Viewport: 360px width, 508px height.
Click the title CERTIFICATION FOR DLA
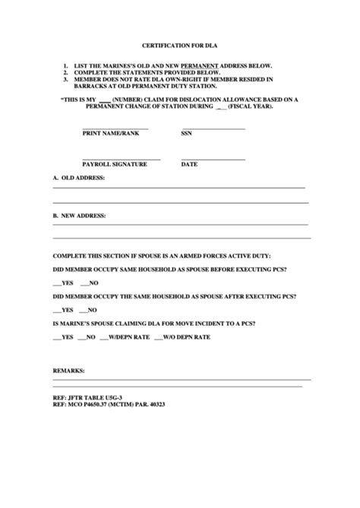180,46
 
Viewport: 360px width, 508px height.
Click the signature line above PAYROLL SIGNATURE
121,159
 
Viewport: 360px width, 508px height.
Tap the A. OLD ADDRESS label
79,178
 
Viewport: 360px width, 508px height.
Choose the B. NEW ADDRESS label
80,216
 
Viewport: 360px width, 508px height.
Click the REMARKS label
69,372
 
